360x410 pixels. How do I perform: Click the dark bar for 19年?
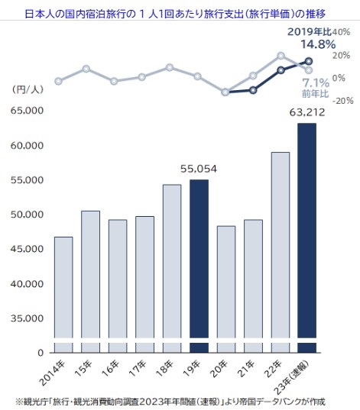(x=199, y=266)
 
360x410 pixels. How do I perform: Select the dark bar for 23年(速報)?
(x=306, y=238)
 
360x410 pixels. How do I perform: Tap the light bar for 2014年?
(x=63, y=295)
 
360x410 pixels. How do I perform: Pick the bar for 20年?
(x=226, y=289)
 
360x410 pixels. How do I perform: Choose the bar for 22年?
(x=281, y=252)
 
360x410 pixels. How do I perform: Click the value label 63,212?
(x=307, y=112)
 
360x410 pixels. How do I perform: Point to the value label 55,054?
(x=199, y=169)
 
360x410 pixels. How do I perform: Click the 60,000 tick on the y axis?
(x=27, y=146)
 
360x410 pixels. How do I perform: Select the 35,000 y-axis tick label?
(x=27, y=318)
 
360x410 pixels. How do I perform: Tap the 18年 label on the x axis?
(x=164, y=368)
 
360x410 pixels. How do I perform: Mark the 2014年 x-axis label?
(x=53, y=373)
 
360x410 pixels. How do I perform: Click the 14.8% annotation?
(x=318, y=44)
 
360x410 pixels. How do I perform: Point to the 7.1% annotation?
(x=316, y=83)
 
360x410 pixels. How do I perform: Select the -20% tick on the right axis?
(x=343, y=101)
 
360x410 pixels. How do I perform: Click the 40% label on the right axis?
(x=341, y=32)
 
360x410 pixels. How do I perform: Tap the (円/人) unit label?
(x=28, y=89)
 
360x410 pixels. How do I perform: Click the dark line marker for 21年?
(x=253, y=90)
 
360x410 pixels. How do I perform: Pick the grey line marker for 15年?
(x=86, y=69)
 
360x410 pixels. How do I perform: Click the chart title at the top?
(x=176, y=14)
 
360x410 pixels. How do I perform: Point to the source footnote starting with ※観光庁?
(x=170, y=402)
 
